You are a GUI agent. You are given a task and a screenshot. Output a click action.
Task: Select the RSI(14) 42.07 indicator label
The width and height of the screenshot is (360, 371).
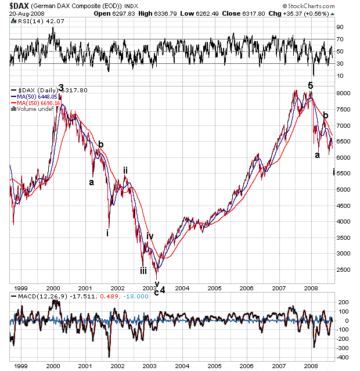click(35, 21)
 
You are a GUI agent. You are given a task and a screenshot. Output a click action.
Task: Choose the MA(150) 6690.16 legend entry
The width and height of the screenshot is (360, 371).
click(40, 103)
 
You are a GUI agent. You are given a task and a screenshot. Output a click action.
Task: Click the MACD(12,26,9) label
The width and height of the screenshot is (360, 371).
click(37, 297)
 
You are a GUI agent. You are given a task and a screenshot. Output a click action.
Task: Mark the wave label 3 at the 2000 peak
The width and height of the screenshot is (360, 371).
click(61, 88)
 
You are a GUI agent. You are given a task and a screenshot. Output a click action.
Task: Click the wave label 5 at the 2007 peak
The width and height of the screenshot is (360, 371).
click(311, 85)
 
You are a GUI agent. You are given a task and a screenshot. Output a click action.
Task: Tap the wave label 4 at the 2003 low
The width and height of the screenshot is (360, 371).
click(163, 290)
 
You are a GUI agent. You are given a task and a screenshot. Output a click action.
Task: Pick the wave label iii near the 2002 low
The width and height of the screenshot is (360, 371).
click(143, 270)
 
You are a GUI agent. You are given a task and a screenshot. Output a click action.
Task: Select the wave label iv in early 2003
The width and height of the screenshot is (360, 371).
click(149, 236)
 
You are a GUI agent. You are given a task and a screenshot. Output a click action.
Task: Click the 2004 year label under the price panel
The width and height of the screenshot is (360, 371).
click(182, 289)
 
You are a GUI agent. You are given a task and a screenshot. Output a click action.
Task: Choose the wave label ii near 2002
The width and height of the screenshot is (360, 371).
click(125, 171)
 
